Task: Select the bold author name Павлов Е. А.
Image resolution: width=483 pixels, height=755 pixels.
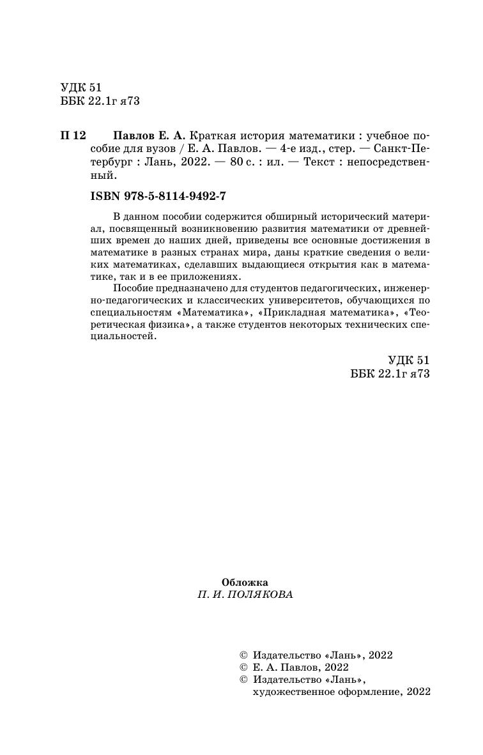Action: click(x=149, y=136)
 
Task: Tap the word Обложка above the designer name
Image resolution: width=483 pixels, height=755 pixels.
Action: click(x=245, y=582)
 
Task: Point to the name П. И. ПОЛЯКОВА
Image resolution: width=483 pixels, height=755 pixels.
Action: click(x=245, y=594)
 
